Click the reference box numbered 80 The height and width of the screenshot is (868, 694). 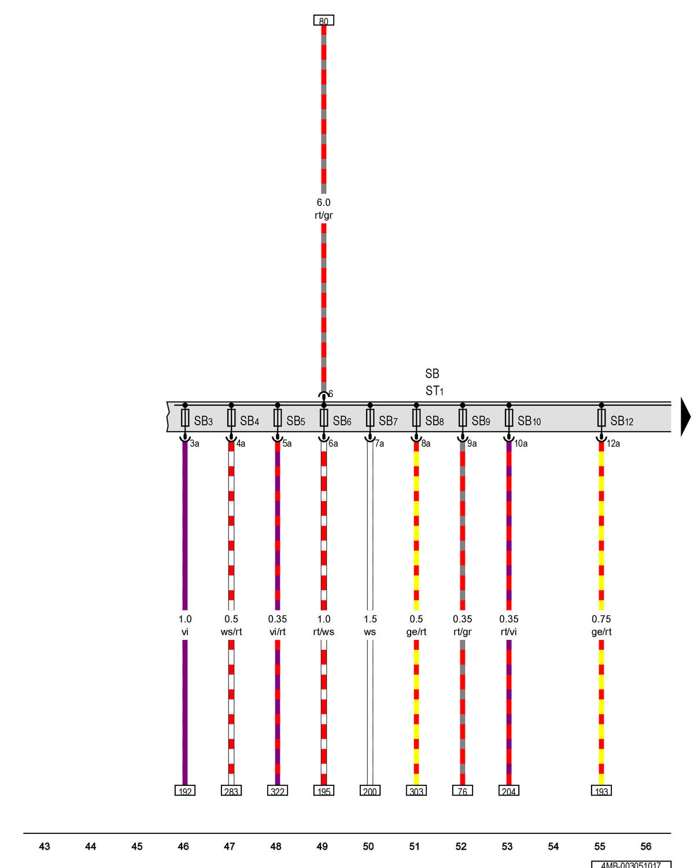pyautogui.click(x=323, y=20)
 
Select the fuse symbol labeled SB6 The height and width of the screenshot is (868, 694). pyautogui.click(x=323, y=418)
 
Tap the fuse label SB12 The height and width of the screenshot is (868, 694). pyautogui.click(x=621, y=421)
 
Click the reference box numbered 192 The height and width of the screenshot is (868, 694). pyautogui.click(x=184, y=791)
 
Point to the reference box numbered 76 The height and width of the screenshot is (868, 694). pyautogui.click(x=462, y=791)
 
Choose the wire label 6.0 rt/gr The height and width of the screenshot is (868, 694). pyautogui.click(x=323, y=208)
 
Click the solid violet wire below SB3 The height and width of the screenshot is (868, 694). pyautogui.click(x=184, y=613)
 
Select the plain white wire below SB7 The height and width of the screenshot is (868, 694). pyautogui.click(x=370, y=613)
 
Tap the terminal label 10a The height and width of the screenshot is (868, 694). pyautogui.click(x=520, y=444)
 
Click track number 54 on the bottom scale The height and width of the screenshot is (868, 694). pyautogui.click(x=553, y=847)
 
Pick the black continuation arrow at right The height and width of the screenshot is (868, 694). pyautogui.click(x=685, y=417)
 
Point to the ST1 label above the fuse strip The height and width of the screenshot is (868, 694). pyautogui.click(x=434, y=391)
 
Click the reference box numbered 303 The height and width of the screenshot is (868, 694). pyautogui.click(x=416, y=791)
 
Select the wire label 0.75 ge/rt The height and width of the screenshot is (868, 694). pyautogui.click(x=601, y=625)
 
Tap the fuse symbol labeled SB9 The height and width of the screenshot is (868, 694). pyautogui.click(x=462, y=418)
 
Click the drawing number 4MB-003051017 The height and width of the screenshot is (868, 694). pyautogui.click(x=631, y=865)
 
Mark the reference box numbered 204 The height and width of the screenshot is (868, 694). pyautogui.click(x=508, y=791)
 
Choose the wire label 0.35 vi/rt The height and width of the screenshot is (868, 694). pyautogui.click(x=278, y=625)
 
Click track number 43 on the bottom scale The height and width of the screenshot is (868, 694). pyautogui.click(x=45, y=847)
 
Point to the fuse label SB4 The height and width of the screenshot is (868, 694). pyautogui.click(x=250, y=421)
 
